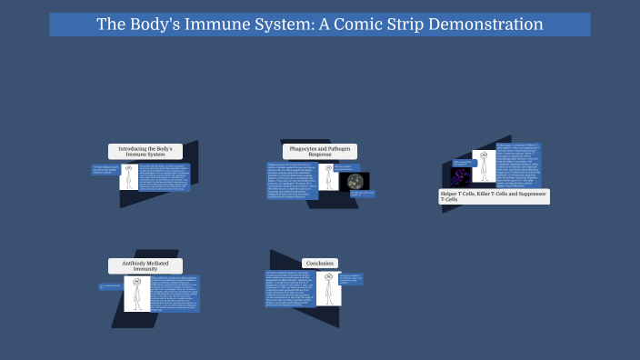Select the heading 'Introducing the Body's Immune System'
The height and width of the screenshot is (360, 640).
[x=145, y=151]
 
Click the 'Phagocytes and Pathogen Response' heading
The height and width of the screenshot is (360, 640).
[x=319, y=151]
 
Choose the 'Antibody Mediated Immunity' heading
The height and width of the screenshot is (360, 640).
[x=145, y=266]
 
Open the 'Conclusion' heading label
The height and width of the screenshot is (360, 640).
[x=318, y=263]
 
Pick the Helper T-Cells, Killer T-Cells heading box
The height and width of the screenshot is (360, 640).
[x=495, y=195]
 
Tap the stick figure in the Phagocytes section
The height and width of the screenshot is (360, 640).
[x=328, y=177]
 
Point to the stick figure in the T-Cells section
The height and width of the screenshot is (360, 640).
[x=484, y=166]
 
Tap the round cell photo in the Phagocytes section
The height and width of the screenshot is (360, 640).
[x=355, y=182]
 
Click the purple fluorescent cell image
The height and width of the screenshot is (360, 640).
[x=462, y=175]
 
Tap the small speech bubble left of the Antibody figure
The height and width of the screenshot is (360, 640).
[x=109, y=286]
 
